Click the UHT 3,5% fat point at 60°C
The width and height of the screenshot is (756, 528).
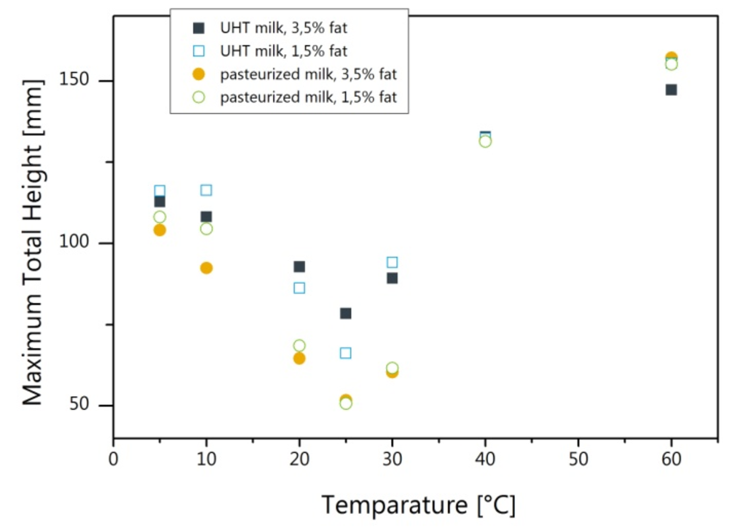(x=671, y=89)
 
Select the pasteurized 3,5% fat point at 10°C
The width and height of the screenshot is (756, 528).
(x=206, y=268)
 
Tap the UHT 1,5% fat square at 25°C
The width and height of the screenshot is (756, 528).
(x=345, y=353)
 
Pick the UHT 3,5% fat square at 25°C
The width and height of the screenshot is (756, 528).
(x=345, y=313)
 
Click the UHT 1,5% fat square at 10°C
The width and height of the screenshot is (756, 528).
(x=206, y=190)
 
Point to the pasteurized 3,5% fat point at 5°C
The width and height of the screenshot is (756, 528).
(x=159, y=230)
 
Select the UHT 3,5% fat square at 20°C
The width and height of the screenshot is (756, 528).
(x=299, y=266)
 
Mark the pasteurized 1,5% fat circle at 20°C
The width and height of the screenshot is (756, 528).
(x=299, y=346)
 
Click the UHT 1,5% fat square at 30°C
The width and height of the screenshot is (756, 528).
(x=392, y=262)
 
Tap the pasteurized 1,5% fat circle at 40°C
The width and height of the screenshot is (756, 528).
(x=485, y=141)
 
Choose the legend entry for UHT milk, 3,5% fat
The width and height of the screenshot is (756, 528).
(x=283, y=28)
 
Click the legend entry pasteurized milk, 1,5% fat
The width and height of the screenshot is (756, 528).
(x=308, y=97)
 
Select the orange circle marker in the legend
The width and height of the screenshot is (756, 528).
(x=199, y=74)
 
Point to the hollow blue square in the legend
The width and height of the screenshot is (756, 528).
(x=199, y=51)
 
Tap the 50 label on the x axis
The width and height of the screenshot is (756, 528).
(x=578, y=459)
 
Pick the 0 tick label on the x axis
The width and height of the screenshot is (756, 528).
(x=113, y=459)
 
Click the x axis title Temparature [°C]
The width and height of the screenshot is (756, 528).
(x=418, y=505)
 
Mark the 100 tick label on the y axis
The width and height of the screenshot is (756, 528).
(x=74, y=242)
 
